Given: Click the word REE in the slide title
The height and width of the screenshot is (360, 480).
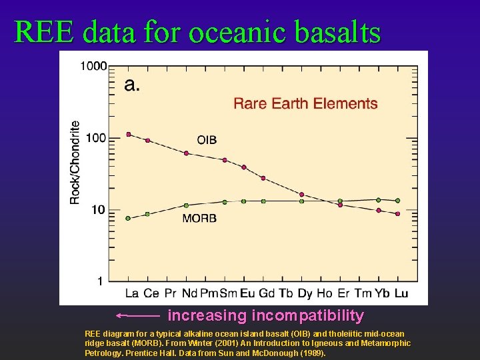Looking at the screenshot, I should point(45,31).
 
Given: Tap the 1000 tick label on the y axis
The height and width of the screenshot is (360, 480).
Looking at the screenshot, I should point(93,65).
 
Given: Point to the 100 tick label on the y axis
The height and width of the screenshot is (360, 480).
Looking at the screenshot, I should point(97,137).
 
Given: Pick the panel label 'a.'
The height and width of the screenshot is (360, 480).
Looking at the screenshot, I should point(132,85).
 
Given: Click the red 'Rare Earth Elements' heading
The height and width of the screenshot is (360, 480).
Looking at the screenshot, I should point(305,103).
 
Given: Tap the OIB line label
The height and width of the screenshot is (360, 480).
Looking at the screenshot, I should point(207,140).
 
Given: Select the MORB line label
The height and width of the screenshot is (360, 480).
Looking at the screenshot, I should point(199,218).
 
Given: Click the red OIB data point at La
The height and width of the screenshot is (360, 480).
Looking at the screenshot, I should point(129,134).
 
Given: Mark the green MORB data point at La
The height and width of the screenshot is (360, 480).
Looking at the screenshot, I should point(129,218).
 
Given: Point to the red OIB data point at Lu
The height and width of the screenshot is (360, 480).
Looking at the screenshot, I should point(398,214).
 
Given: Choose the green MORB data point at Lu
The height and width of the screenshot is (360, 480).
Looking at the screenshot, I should point(398,200).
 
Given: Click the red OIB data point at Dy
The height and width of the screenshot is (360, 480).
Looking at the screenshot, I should point(301,194).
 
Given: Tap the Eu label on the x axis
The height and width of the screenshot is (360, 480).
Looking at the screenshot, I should point(247,293).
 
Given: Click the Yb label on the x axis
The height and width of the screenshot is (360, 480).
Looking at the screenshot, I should point(382,293).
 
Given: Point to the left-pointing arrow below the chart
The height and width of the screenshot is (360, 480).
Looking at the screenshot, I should point(138,315).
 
